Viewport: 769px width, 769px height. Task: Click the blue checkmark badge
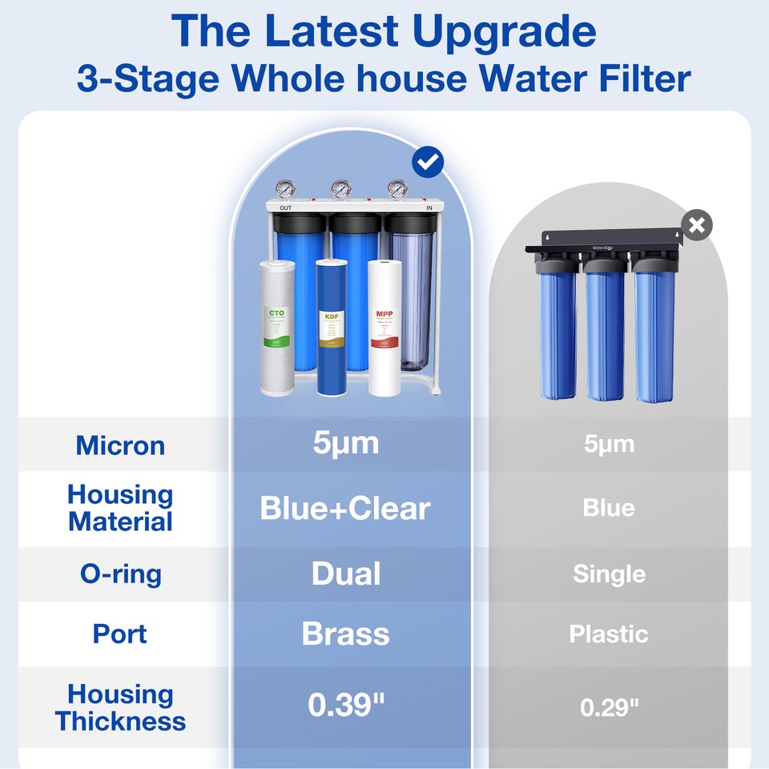coord(428,163)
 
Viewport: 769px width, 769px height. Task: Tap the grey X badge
coord(697,226)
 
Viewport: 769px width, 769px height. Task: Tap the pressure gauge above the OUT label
coord(285,190)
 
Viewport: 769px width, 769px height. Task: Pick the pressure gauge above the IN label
coord(397,190)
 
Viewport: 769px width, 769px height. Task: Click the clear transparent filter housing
coord(411,296)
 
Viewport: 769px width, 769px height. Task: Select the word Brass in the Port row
coord(345,634)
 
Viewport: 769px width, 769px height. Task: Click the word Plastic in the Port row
coord(609,634)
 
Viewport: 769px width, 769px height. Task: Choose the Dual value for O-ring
coord(345,574)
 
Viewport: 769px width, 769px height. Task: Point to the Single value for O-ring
coord(609,574)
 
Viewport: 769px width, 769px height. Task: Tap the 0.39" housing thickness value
coord(346,705)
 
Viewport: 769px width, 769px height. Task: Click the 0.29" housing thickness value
coord(609,707)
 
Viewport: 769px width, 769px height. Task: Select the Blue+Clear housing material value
coord(345,508)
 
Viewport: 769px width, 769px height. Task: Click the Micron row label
coord(120,445)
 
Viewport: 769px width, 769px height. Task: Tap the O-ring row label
coord(120,574)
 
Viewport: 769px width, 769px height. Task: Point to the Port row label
coord(120,634)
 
